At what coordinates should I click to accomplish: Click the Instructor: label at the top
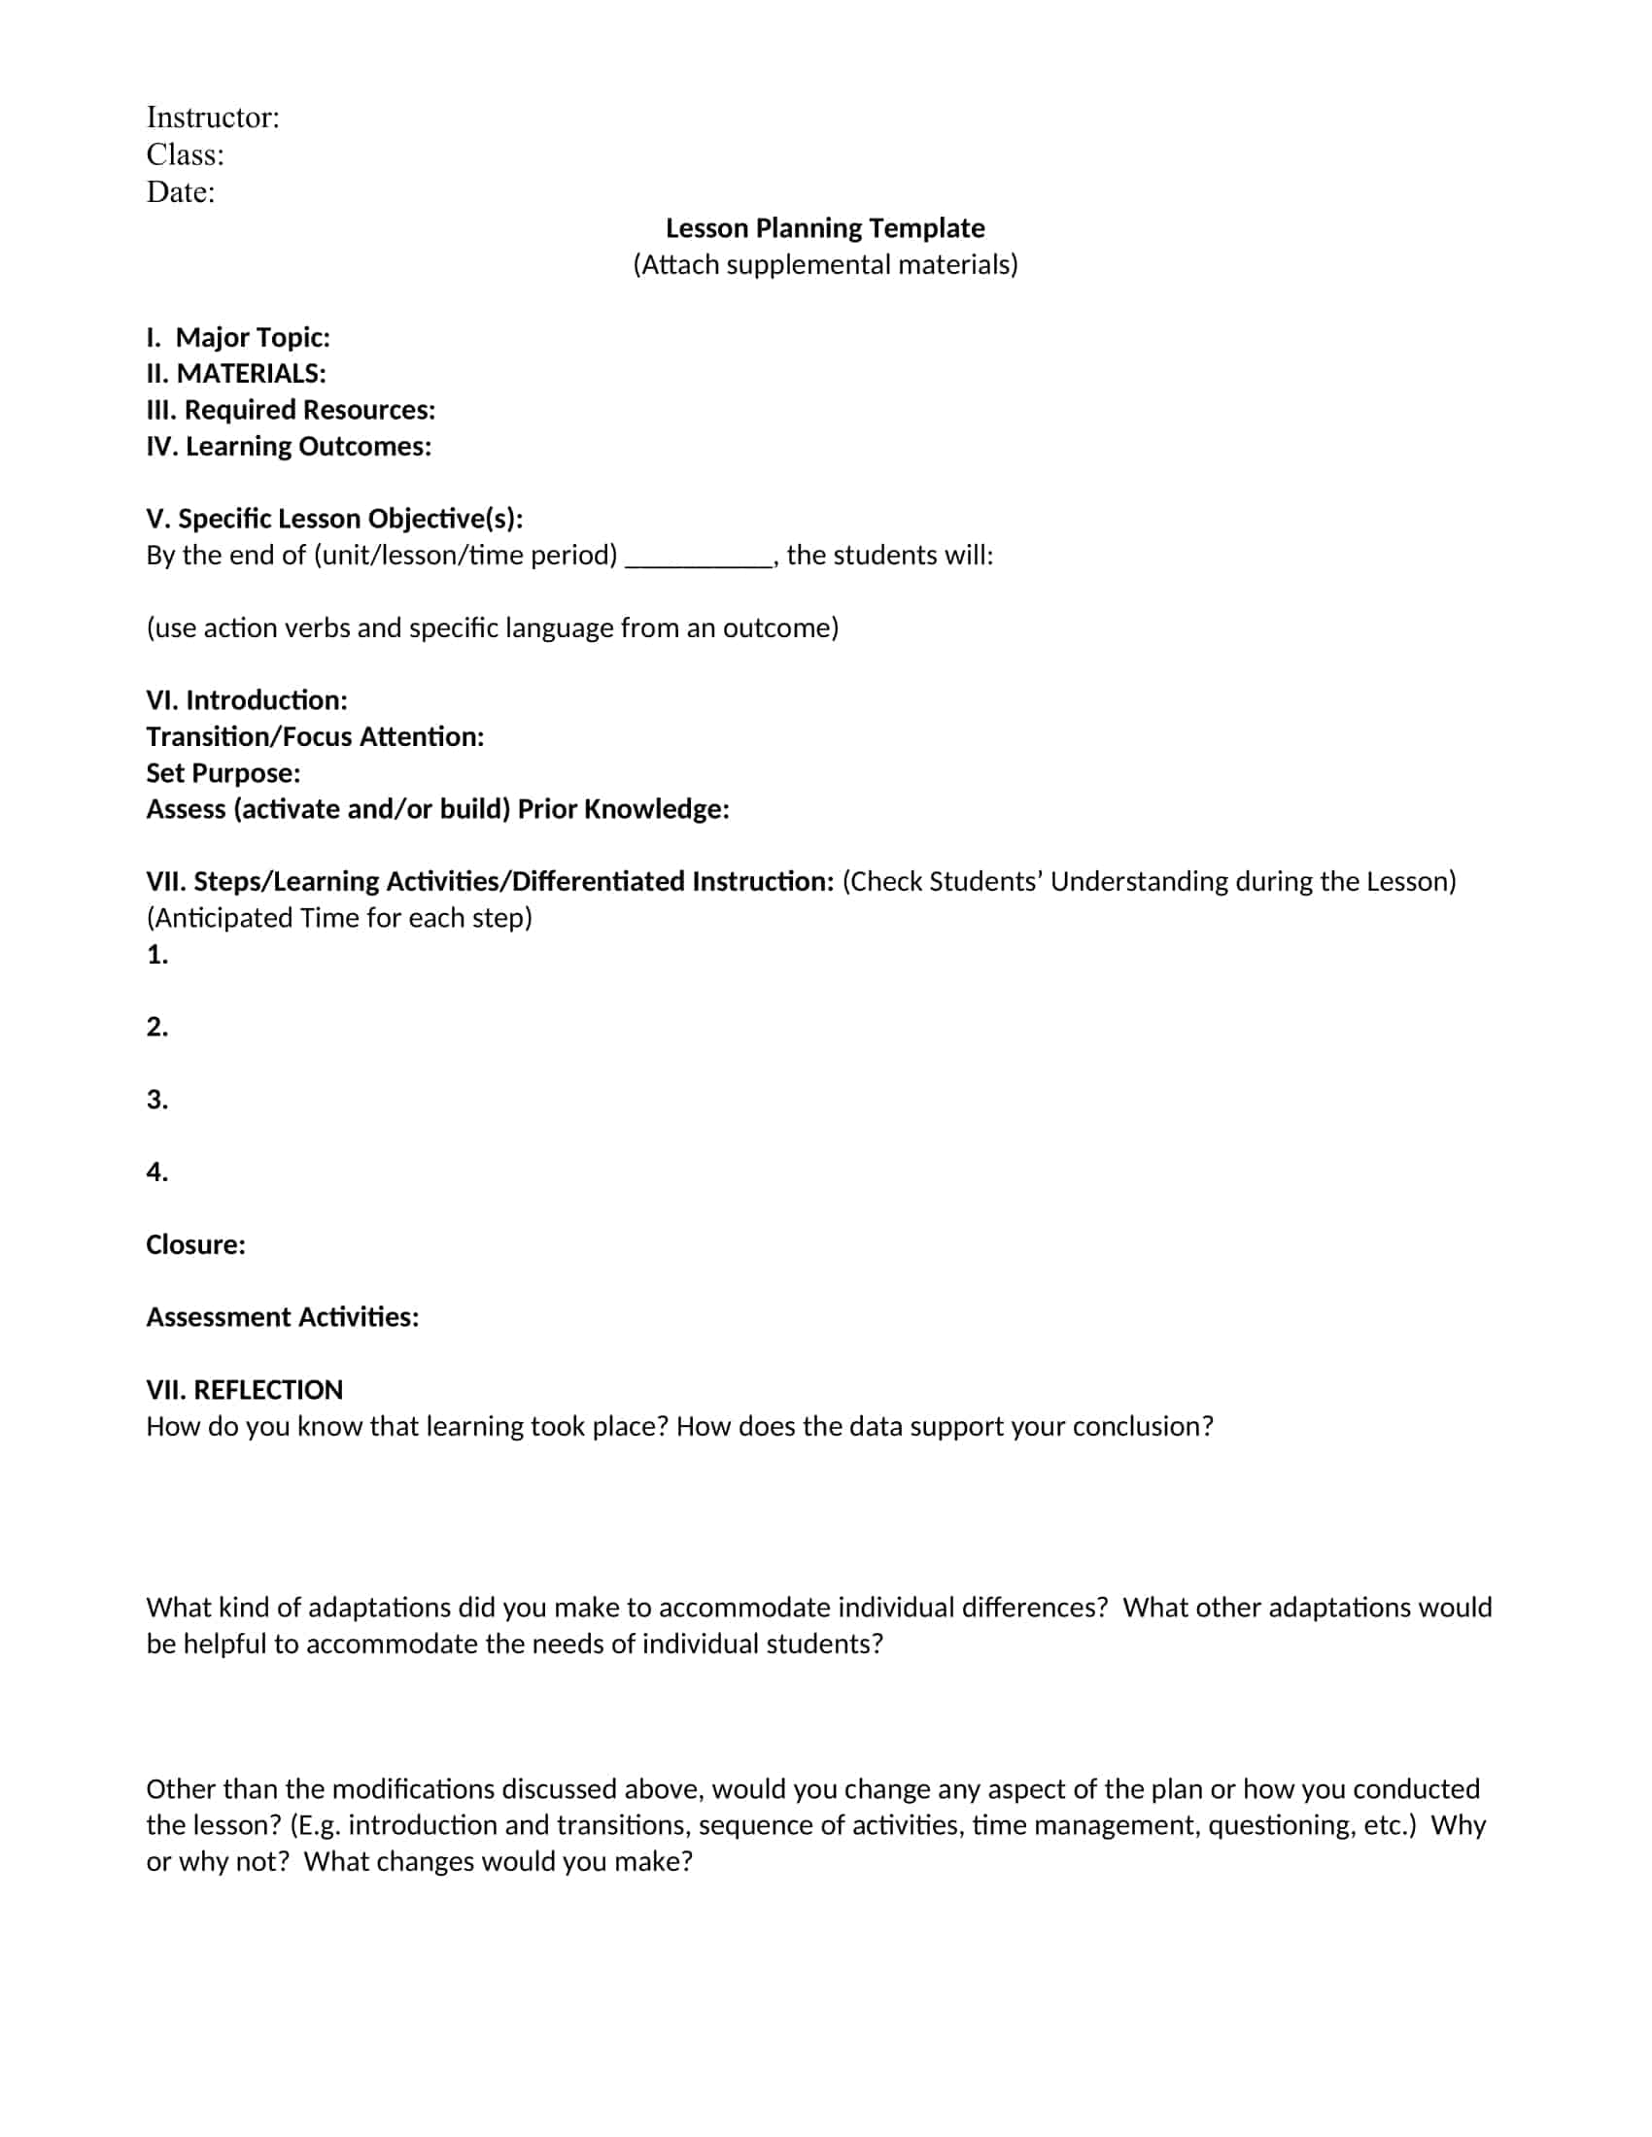point(213,118)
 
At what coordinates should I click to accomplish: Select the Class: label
point(185,154)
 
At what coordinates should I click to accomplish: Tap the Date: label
point(180,191)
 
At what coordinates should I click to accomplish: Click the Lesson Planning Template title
point(825,228)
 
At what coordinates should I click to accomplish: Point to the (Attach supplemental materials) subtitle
point(825,264)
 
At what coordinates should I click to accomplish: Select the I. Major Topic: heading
point(238,338)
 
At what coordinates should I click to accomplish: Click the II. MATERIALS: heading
point(236,374)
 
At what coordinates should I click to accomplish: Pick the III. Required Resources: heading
point(291,410)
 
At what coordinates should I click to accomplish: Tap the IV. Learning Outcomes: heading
point(289,446)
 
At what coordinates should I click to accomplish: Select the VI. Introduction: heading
point(247,700)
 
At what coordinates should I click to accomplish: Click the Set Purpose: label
point(224,773)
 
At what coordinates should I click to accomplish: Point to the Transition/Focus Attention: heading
point(315,737)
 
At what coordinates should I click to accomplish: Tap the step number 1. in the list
point(156,955)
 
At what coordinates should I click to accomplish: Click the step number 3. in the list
point(156,1100)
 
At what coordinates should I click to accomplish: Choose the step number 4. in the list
point(156,1172)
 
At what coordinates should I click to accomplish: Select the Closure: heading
point(195,1244)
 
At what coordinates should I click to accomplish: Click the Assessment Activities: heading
point(282,1317)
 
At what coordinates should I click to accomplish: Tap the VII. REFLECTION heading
point(245,1390)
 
